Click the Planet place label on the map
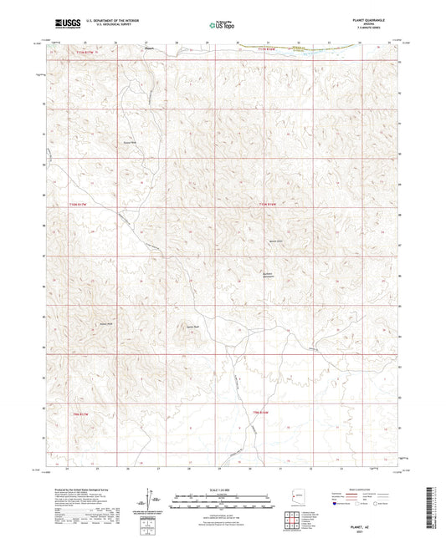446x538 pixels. coord(150,48)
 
